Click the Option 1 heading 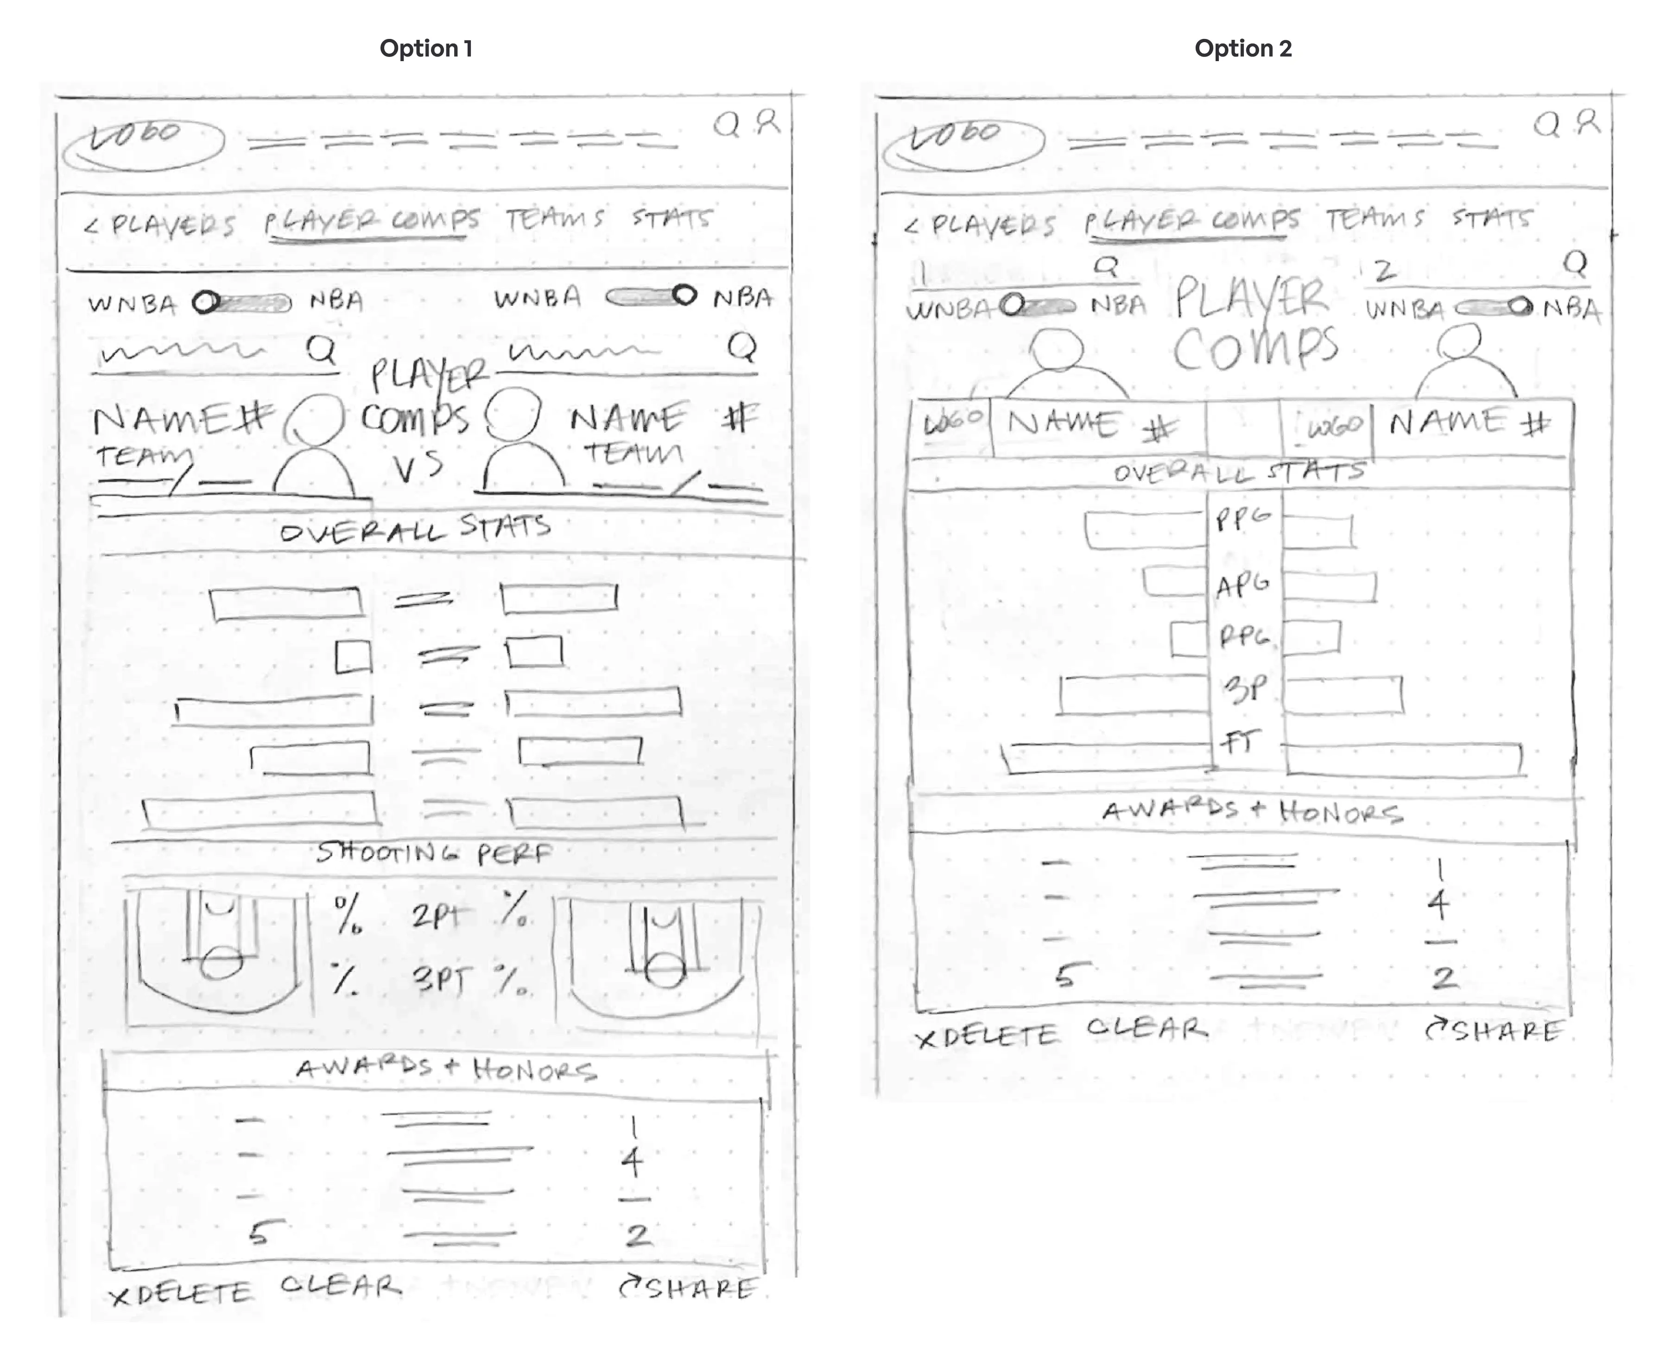coord(426,48)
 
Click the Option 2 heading coord(1243,48)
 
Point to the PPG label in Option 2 coord(1243,519)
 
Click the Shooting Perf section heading coord(433,853)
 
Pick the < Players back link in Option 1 coord(159,224)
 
